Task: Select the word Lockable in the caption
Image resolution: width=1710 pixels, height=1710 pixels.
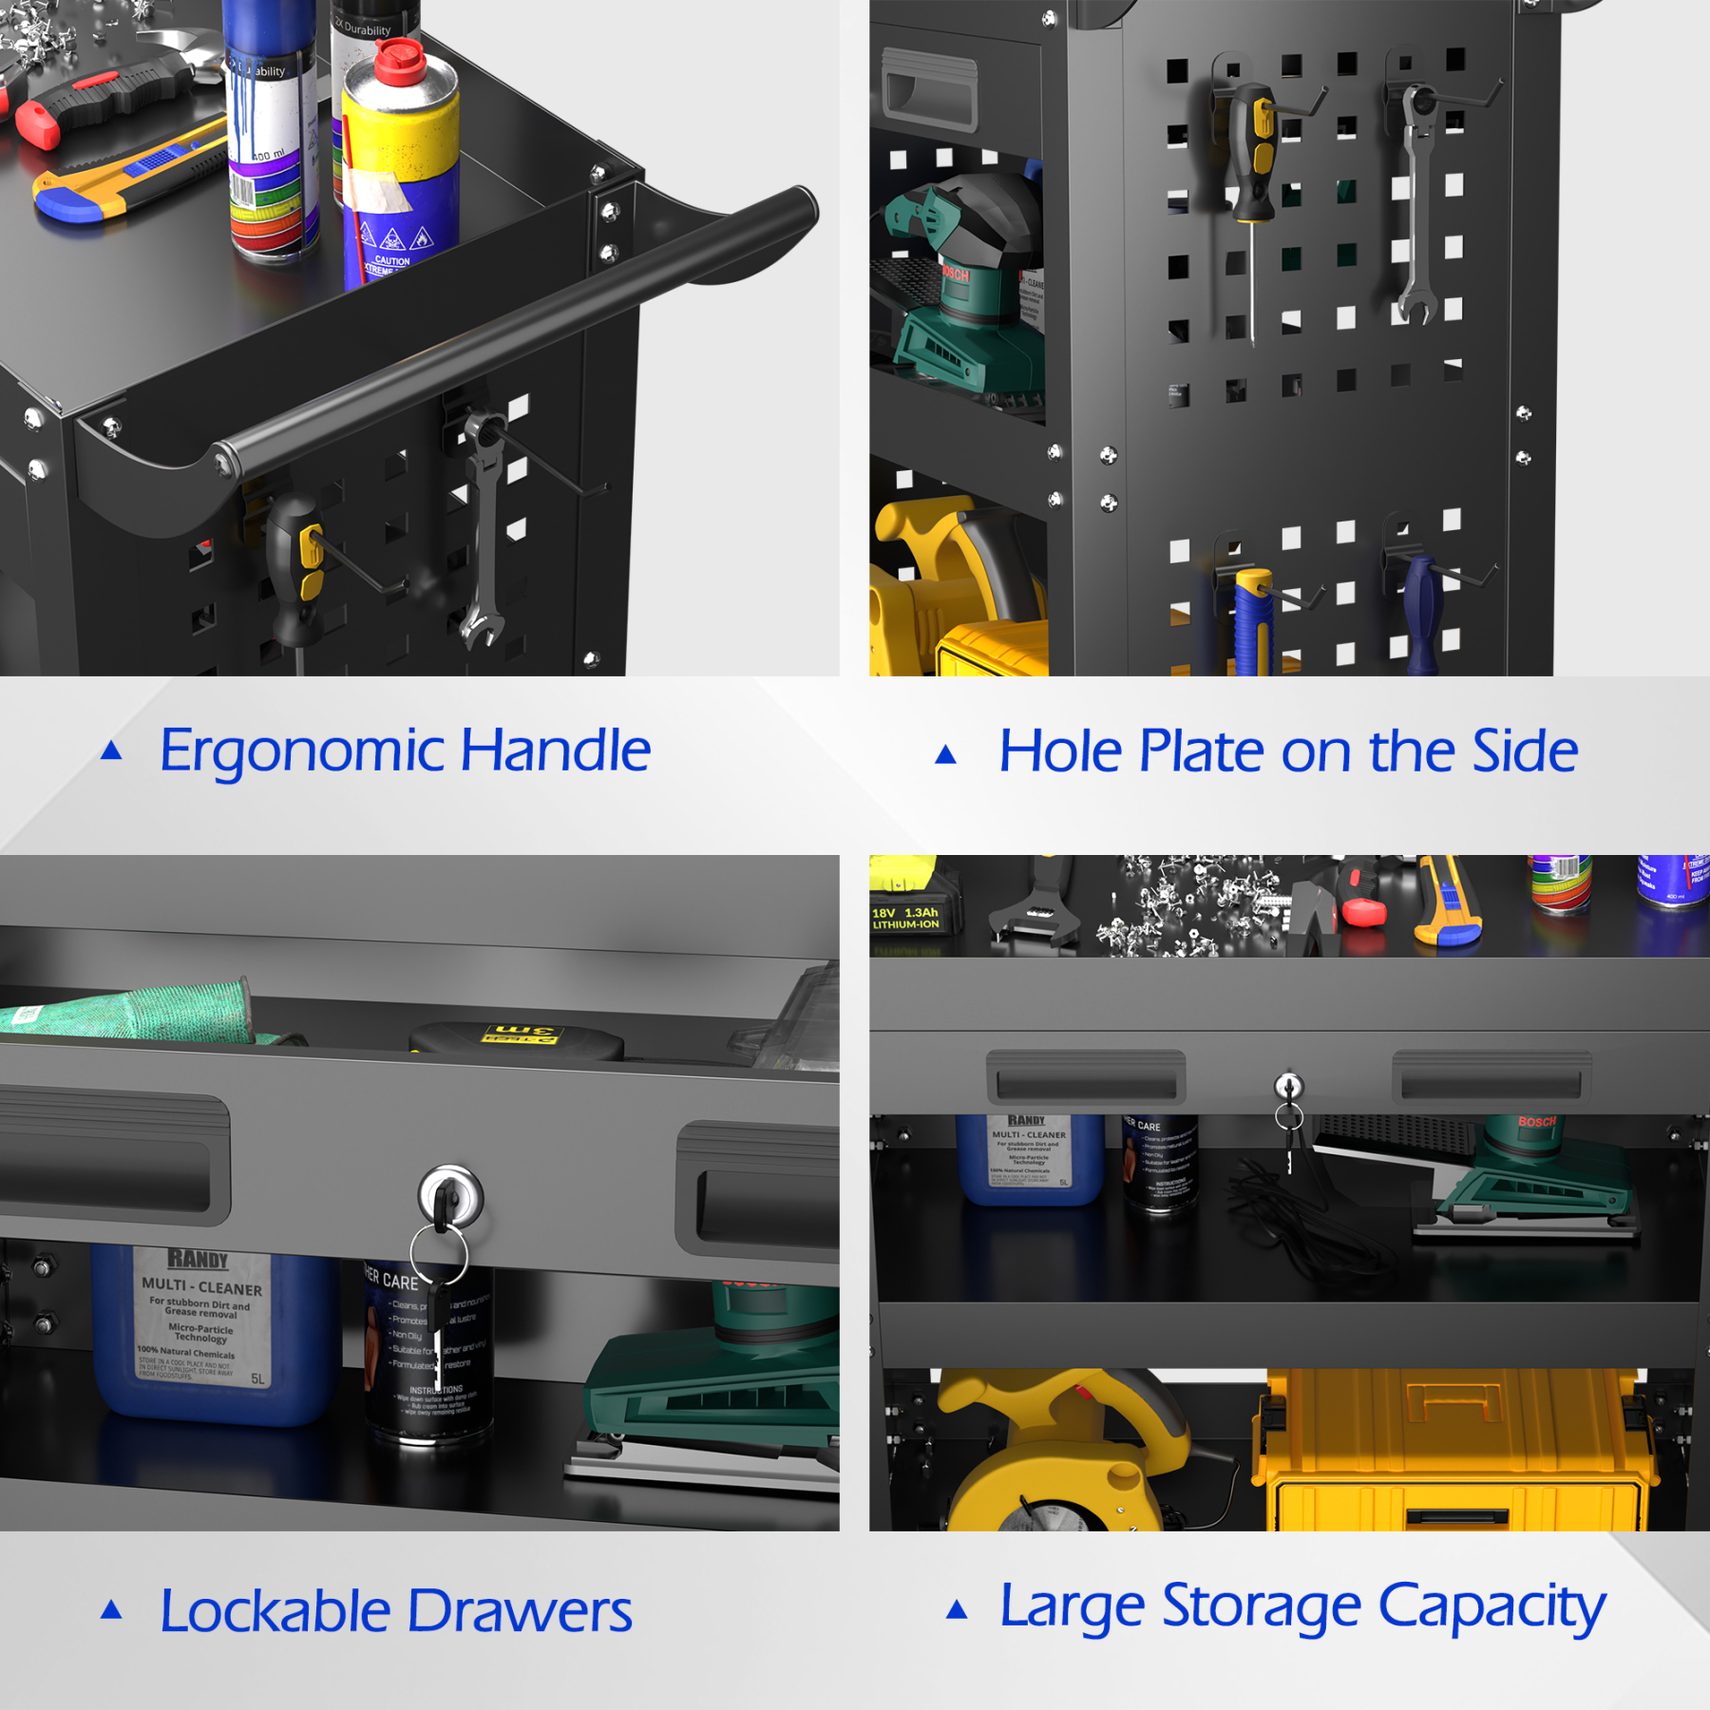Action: click(275, 1612)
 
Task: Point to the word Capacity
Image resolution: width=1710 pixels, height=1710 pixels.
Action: click(1491, 1607)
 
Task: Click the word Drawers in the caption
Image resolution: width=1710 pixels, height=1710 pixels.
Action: click(520, 1612)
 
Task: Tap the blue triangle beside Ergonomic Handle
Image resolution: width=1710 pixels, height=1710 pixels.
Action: click(111, 750)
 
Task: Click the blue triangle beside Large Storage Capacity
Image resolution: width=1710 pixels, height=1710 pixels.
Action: click(957, 1609)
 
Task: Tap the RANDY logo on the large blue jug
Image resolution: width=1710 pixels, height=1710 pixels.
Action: click(198, 1260)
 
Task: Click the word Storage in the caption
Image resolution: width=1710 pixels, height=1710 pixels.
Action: click(1262, 1607)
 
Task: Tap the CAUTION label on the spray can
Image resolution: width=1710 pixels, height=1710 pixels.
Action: click(391, 261)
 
